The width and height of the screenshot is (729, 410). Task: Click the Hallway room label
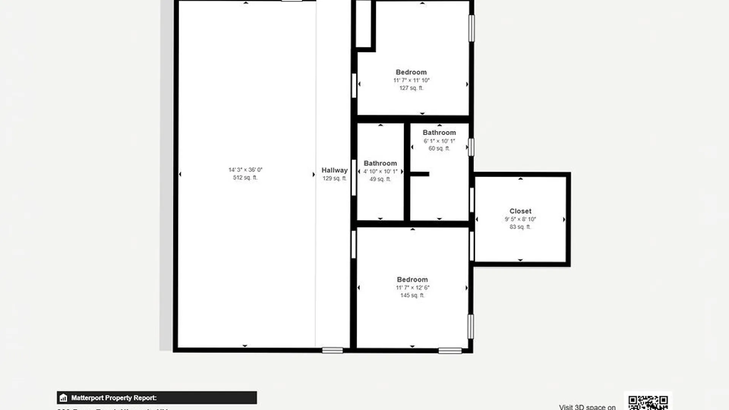tap(335, 170)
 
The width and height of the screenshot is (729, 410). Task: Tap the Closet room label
tap(520, 211)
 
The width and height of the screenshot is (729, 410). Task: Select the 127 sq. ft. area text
tap(411, 88)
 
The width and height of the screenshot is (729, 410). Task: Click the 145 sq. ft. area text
tap(412, 295)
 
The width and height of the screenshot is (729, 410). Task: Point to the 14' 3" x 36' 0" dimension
tap(245, 170)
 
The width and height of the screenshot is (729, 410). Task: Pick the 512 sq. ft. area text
tap(245, 178)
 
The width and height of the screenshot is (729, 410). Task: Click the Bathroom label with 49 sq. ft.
tap(380, 163)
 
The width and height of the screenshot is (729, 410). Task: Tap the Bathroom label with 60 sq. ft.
tap(439, 132)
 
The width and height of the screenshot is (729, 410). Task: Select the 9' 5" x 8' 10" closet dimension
tap(520, 219)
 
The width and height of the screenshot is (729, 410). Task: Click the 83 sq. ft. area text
tap(520, 227)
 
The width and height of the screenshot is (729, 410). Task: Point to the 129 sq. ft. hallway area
tap(335, 178)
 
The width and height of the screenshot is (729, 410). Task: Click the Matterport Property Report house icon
tap(63, 398)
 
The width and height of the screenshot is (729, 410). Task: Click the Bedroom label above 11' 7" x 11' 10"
tap(411, 72)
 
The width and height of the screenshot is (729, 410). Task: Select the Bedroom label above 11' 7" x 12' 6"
tap(412, 279)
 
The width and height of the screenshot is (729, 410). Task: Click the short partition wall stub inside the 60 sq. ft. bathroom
tap(420, 174)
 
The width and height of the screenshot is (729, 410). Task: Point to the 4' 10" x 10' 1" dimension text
tap(380, 172)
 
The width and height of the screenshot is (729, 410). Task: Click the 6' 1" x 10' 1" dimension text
tap(439, 141)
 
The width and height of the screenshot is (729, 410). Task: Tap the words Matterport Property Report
tap(114, 398)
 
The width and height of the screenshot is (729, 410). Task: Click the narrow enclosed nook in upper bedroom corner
tap(363, 24)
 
